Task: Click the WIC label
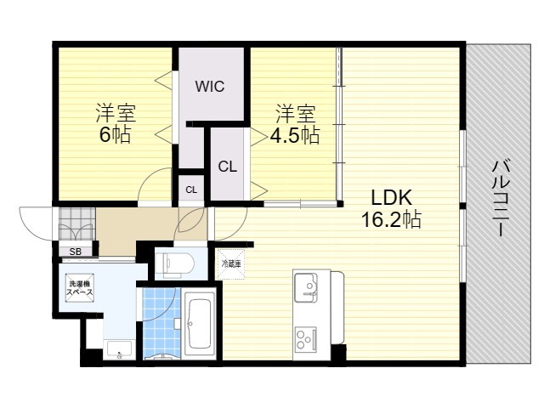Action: click(210, 87)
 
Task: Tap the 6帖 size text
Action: click(115, 134)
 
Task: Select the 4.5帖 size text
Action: click(295, 135)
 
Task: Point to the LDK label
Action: click(392, 198)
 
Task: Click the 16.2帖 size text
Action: click(391, 219)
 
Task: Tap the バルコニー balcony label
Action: click(501, 198)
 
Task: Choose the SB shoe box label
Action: click(76, 252)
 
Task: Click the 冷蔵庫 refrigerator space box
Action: click(230, 264)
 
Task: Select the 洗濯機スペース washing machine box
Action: click(79, 288)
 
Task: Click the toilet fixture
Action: click(173, 264)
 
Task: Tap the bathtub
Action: click(200, 323)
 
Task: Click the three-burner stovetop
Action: click(306, 338)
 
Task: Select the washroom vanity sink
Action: click(119, 349)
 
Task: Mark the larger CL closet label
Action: click(228, 167)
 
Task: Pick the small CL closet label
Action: click(191, 190)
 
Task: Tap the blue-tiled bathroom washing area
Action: click(161, 323)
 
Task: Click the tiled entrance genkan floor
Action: click(77, 224)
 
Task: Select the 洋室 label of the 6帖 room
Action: click(116, 113)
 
